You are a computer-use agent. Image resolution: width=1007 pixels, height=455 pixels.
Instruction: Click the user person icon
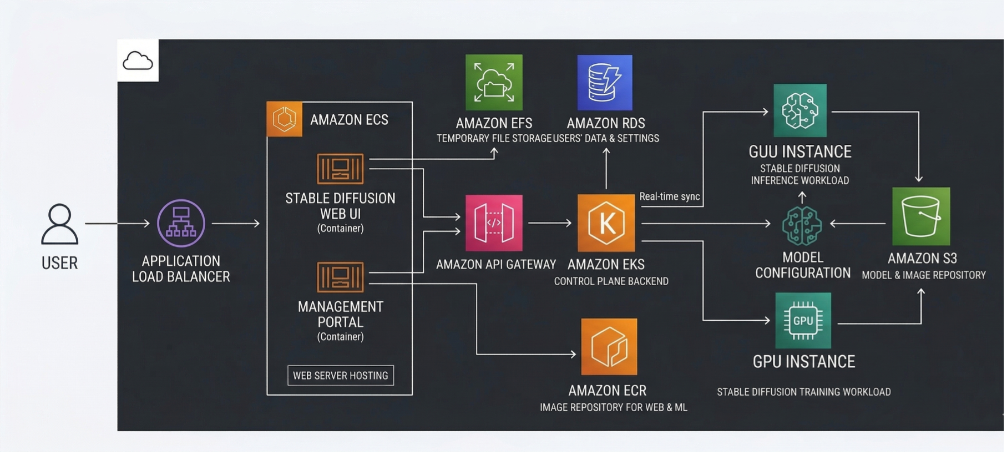point(60,224)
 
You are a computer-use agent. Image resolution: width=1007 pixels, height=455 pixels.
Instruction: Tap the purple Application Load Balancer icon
point(181,223)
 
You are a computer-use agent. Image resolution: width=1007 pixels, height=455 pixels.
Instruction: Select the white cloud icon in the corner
point(138,60)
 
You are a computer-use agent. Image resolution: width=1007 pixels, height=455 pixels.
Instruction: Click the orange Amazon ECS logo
point(284,119)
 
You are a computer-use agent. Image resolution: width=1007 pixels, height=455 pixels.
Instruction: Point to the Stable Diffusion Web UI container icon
point(340,169)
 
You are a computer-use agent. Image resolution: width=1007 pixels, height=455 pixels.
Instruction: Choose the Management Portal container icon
point(340,277)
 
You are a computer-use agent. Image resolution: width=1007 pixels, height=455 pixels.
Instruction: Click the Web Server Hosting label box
point(341,376)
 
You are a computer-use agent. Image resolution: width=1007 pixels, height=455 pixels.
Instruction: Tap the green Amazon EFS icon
point(494,82)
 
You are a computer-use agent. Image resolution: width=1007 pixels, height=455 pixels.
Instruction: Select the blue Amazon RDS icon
point(605,82)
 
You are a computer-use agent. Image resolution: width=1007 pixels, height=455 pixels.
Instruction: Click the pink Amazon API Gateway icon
point(494,223)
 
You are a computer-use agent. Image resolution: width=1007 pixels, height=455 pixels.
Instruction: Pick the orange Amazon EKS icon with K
point(606,223)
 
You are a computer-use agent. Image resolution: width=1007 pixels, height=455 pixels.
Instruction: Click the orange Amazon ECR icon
point(609,347)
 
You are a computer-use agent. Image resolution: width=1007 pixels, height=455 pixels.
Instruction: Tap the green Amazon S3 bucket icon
point(921,216)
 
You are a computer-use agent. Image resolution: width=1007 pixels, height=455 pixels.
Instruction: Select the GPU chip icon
point(803,321)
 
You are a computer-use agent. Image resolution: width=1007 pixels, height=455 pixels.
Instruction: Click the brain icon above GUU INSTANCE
point(800,110)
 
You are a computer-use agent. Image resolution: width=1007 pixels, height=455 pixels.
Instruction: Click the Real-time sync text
point(669,196)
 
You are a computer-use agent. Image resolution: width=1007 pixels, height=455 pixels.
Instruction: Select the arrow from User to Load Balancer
point(117,224)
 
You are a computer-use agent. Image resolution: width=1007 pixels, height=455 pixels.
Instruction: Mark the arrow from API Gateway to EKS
point(549,223)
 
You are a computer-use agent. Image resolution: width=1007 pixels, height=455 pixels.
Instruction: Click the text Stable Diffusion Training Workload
point(803,392)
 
